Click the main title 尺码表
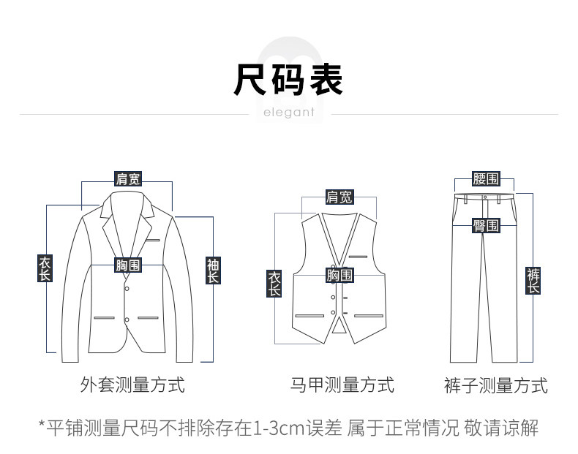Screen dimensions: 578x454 point(288,79)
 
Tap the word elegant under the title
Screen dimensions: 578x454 point(288,113)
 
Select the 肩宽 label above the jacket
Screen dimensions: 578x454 point(128,178)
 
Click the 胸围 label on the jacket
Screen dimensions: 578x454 point(128,265)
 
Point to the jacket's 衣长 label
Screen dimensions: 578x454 point(45,268)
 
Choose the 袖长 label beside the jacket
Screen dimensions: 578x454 point(213,270)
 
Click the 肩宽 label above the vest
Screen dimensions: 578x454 point(339,197)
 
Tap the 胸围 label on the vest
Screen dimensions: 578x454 point(339,275)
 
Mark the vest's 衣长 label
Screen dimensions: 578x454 point(274,283)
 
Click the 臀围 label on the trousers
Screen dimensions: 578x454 point(486,225)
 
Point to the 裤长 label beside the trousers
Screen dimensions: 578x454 point(534,281)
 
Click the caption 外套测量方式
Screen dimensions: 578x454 point(132,385)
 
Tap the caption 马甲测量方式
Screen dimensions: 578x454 point(342,385)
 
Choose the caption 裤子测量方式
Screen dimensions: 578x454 point(495,385)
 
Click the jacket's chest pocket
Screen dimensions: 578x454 point(153,240)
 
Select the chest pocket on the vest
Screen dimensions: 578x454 point(358,257)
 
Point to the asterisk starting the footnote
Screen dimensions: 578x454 point(42,425)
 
